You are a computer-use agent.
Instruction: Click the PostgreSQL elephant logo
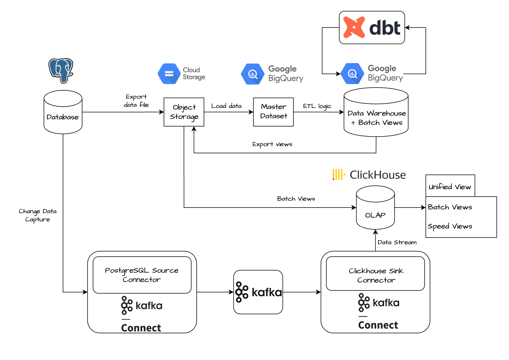click(x=61, y=70)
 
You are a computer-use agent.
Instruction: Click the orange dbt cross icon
click(x=354, y=27)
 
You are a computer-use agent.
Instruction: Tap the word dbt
click(x=385, y=28)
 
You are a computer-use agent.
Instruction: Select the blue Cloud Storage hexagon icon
click(x=169, y=74)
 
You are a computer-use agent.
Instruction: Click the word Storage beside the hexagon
click(x=194, y=77)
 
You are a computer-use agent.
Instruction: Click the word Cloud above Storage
click(x=191, y=70)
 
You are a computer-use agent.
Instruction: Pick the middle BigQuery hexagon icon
click(x=253, y=74)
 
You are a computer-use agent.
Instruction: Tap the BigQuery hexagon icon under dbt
click(x=352, y=74)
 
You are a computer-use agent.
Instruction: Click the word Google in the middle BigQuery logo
click(x=282, y=69)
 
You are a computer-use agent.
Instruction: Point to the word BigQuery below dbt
click(x=385, y=78)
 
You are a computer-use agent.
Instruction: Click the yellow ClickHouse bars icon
click(x=339, y=175)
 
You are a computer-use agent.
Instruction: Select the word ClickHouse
click(x=378, y=175)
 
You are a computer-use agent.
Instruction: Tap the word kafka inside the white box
click(x=267, y=292)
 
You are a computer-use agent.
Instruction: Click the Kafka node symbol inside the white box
click(x=241, y=292)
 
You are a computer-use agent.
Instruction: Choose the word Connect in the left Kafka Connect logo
click(x=141, y=328)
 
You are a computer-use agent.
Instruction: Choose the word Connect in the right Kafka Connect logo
click(x=378, y=325)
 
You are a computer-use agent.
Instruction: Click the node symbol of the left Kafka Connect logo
click(x=127, y=305)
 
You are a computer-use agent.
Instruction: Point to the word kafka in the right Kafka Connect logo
click(x=386, y=303)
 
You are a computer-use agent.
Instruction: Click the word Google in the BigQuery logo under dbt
click(x=382, y=68)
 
